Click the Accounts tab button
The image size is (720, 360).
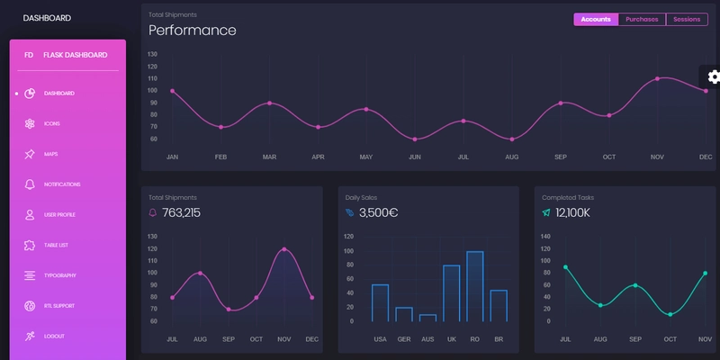(596, 19)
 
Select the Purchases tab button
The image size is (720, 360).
(642, 19)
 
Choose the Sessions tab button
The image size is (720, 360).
(687, 19)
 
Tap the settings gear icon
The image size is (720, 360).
(713, 77)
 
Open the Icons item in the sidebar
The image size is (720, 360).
(52, 123)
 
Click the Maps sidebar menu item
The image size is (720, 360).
(50, 154)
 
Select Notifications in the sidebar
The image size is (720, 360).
(61, 184)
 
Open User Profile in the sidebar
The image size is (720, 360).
(59, 214)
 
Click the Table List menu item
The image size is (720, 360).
(56, 245)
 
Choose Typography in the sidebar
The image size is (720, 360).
(59, 275)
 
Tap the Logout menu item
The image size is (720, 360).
(54, 336)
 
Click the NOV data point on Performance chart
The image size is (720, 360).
(658, 78)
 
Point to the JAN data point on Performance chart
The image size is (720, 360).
(173, 91)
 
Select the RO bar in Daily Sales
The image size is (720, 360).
(475, 286)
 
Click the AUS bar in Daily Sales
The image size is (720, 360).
(427, 318)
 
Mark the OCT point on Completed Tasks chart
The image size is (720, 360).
(670, 314)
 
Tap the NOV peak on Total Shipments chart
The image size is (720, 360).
(285, 249)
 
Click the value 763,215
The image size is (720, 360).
(181, 213)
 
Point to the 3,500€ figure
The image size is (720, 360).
(378, 213)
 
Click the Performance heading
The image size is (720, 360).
(192, 31)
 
